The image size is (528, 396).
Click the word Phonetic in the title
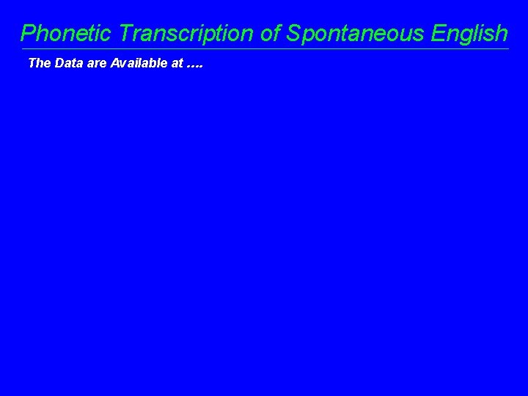click(x=67, y=33)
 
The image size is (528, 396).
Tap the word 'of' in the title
click(x=271, y=33)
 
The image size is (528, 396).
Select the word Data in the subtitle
click(x=67, y=63)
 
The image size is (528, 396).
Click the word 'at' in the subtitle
click(x=177, y=64)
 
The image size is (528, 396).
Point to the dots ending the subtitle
click(x=195, y=67)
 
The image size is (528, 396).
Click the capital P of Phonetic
click(x=29, y=33)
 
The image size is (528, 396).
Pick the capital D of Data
click(x=59, y=63)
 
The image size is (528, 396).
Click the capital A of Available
click(x=115, y=63)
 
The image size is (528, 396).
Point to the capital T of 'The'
click(x=32, y=63)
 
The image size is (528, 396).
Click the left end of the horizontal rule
click(x=21, y=49)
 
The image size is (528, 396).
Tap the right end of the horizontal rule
click(x=507, y=49)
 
